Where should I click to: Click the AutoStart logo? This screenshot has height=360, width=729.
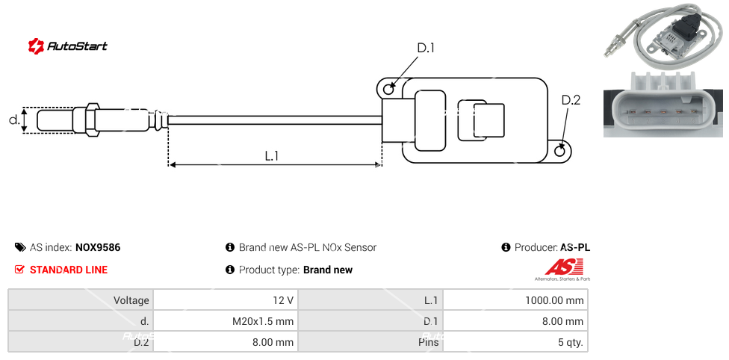click(x=67, y=46)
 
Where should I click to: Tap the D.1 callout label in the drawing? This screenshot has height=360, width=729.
click(x=426, y=49)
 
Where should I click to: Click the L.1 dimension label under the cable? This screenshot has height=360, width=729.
click(x=272, y=155)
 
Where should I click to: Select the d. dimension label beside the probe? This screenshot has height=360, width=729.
click(x=13, y=120)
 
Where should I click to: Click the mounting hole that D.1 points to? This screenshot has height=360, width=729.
click(x=388, y=90)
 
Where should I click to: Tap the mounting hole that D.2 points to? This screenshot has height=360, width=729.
click(x=562, y=152)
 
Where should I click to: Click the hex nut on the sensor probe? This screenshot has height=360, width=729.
click(x=93, y=120)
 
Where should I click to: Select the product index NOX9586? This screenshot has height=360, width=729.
click(x=98, y=247)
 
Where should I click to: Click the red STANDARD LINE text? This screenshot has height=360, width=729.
click(x=69, y=270)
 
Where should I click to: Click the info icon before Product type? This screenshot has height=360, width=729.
click(x=230, y=270)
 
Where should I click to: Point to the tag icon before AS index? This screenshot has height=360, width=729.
click(x=19, y=247)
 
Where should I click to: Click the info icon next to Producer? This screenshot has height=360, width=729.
click(x=506, y=247)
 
